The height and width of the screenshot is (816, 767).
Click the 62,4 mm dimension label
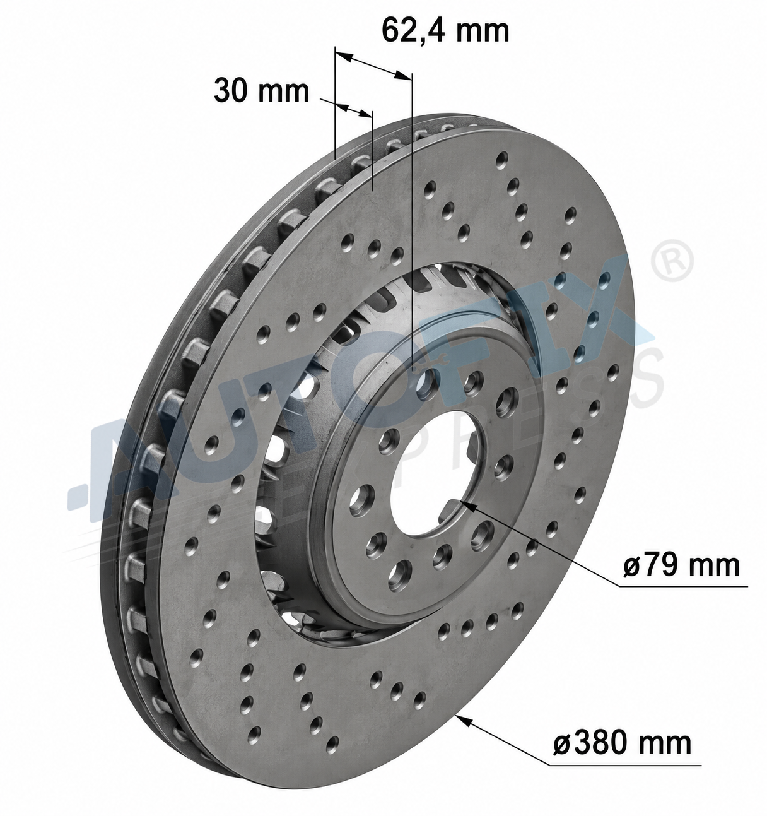click(446, 30)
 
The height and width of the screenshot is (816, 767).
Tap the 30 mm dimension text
click(261, 91)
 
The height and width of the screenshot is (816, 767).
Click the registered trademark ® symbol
click(672, 261)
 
